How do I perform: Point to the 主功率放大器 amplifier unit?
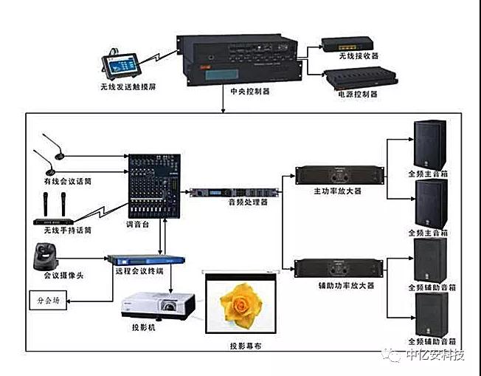[340, 175]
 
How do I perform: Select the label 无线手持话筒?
[66, 230]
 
